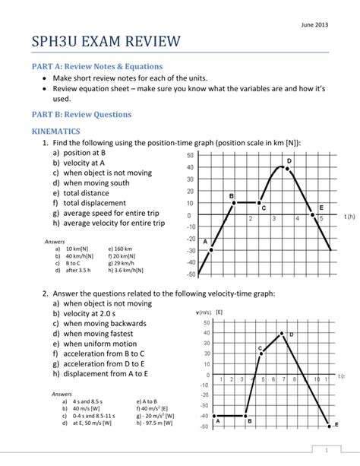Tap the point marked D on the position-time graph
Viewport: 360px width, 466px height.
(286, 168)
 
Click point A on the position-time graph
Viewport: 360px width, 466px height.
(211, 249)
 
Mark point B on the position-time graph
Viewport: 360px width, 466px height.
(235, 202)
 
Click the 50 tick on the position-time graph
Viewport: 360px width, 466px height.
(189, 155)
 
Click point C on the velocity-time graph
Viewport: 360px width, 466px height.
(263, 353)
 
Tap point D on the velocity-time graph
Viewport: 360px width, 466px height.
(282, 333)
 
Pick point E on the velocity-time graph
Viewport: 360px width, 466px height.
(329, 425)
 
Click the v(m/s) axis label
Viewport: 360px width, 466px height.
(202, 312)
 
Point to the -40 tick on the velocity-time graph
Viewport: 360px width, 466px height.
(204, 416)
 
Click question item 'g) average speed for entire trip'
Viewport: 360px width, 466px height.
(108, 213)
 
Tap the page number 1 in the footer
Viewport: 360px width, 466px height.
(325, 449)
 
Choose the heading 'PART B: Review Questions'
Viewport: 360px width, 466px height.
(81, 114)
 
